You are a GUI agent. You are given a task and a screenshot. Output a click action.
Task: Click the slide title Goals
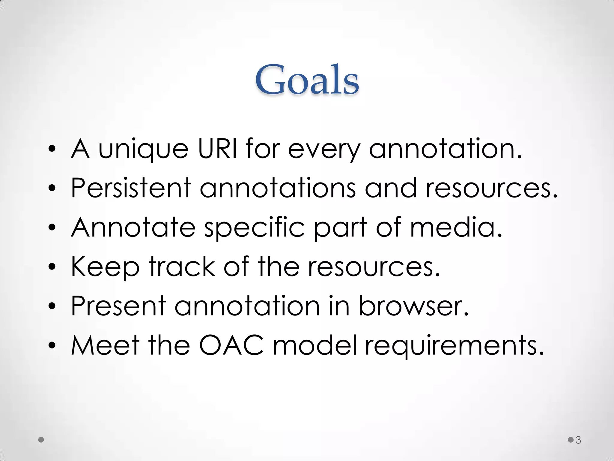[x=307, y=80]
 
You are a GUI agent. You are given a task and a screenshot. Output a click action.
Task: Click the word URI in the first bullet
[x=217, y=149]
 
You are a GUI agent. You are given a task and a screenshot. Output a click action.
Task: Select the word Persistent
[x=131, y=188]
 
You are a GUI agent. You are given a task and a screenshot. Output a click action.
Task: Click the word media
[x=456, y=227]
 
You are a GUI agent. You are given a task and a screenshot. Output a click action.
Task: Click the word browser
[x=413, y=306]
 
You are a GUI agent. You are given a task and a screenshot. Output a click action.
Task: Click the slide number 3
[x=578, y=440]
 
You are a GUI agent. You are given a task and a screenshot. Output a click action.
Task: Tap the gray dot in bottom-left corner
[x=41, y=440]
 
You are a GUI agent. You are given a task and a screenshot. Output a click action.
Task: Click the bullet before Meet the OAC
[x=52, y=345]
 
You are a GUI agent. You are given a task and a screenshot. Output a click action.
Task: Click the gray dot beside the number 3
[x=571, y=440]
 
